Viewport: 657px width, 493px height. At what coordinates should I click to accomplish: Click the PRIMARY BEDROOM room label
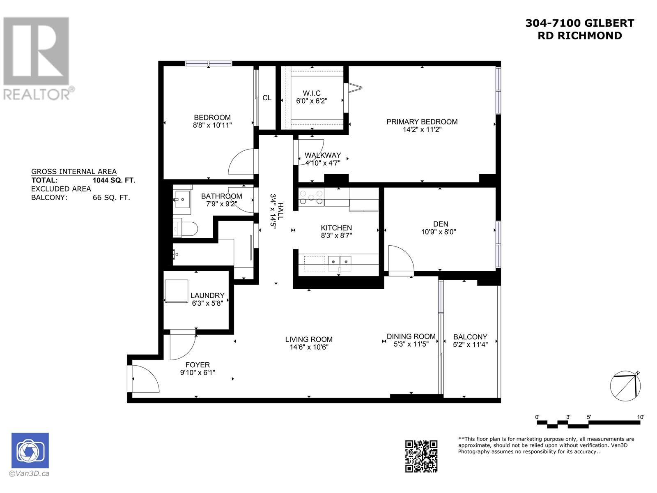tap(422, 122)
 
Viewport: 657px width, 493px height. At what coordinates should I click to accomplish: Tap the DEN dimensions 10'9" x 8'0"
tap(439, 232)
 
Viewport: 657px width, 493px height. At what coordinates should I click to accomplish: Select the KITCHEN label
tap(336, 228)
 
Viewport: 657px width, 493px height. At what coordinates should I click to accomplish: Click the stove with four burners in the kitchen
tap(311, 196)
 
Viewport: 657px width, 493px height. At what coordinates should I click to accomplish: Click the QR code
tap(421, 456)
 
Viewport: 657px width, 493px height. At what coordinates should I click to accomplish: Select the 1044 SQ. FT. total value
tap(114, 180)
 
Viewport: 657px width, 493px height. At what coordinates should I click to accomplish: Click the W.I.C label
tap(312, 93)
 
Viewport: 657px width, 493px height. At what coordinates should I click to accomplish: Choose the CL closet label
tap(267, 98)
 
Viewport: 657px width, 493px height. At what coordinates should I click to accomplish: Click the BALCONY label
tap(470, 337)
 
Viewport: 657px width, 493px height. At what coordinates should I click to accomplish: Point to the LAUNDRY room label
tap(207, 295)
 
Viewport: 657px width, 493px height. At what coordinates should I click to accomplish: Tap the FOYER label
tap(198, 365)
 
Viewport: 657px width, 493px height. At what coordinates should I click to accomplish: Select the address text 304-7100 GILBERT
tap(579, 23)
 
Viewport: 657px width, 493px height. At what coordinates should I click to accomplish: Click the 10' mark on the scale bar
tap(641, 417)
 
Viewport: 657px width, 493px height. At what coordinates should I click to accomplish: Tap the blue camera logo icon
tap(30, 450)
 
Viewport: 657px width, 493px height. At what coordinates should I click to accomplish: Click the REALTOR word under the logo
tap(37, 94)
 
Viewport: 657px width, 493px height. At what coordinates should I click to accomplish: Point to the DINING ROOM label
tap(411, 336)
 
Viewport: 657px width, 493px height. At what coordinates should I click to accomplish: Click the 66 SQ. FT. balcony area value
tap(111, 197)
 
